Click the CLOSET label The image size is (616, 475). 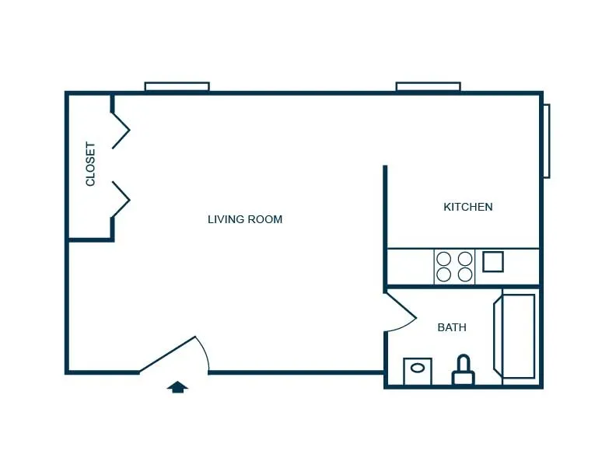90,164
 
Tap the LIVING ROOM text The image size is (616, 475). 245,219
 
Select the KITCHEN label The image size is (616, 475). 468,207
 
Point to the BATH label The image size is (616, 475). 452,327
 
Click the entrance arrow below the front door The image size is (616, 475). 177,386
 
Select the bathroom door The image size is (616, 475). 401,310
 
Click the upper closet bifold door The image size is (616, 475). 121,131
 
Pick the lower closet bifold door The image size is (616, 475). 121,199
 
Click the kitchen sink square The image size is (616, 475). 493,261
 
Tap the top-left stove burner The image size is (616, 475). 444,259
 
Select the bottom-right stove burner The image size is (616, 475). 465,274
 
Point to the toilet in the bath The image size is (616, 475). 464,370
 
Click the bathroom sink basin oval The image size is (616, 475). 417,368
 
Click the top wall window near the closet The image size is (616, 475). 177,86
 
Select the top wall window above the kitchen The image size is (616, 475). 429,86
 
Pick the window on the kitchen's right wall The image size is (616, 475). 547,141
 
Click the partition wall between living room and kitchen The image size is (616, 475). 385,228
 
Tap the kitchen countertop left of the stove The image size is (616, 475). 411,267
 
